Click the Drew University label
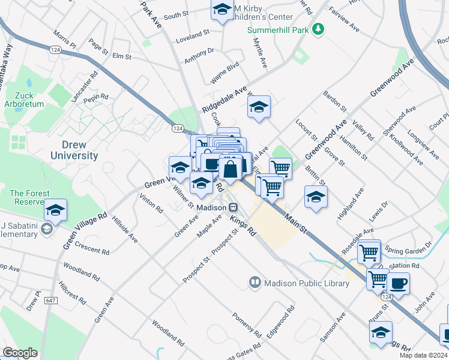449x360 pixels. pyautogui.click(x=80, y=150)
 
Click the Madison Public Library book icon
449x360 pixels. pyautogui.click(x=255, y=283)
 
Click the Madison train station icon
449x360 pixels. pyautogui.click(x=233, y=207)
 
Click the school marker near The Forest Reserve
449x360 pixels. pyautogui.click(x=55, y=210)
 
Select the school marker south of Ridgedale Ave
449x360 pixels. pyautogui.click(x=259, y=108)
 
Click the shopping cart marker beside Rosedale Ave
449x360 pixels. pyautogui.click(x=369, y=251)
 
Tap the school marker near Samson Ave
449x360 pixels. pyautogui.click(x=381, y=332)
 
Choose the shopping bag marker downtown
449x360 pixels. pyautogui.click(x=231, y=170)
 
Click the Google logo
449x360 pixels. pyautogui.click(x=20, y=352)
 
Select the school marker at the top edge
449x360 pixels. pyautogui.click(x=222, y=10)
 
